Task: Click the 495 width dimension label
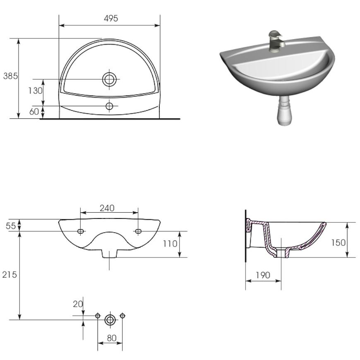[111, 18]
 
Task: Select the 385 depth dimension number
[10, 76]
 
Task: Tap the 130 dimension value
[35, 91]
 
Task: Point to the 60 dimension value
[34, 112]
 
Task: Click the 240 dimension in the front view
[107, 208]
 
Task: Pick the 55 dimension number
[11, 226]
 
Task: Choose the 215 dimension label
[10, 275]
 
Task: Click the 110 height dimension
[170, 244]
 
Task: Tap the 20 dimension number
[78, 304]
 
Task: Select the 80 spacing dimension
[112, 338]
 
